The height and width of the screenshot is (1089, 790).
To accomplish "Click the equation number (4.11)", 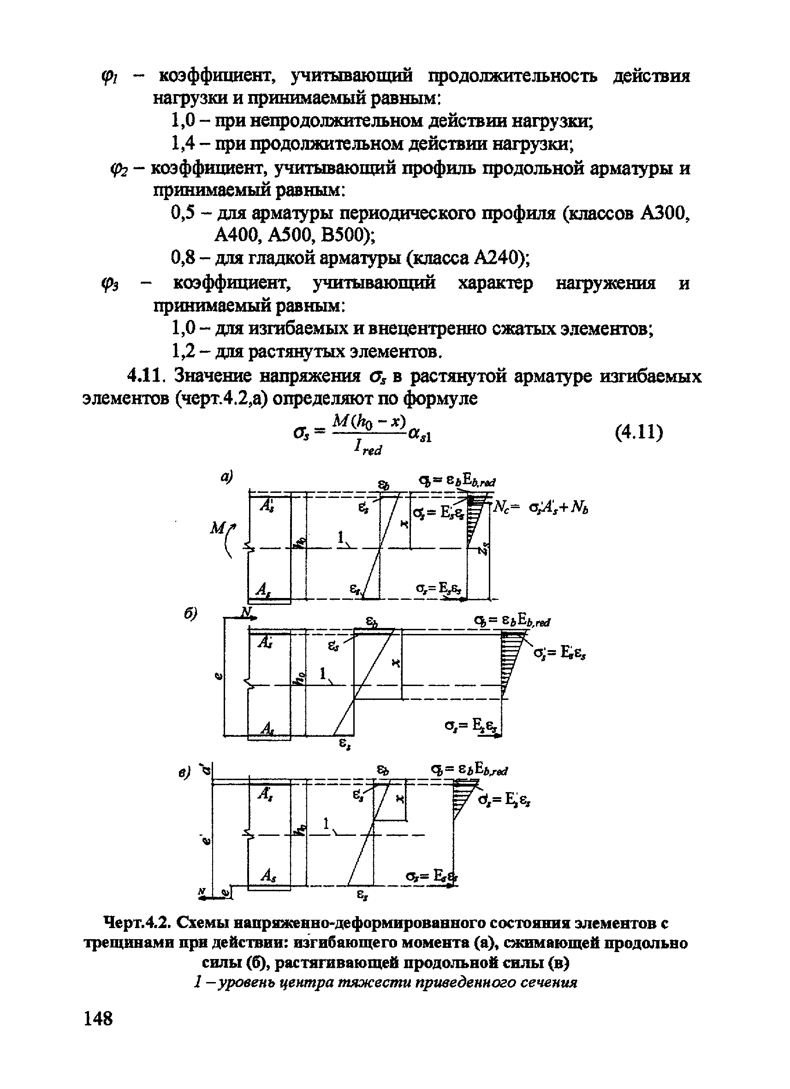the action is pos(639,432).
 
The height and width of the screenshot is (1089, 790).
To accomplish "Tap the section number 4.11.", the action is pos(146,375).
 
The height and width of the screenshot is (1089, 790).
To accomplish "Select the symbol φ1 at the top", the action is pos(107,77).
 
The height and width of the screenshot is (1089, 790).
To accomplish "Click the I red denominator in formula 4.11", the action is pos(368,448).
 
